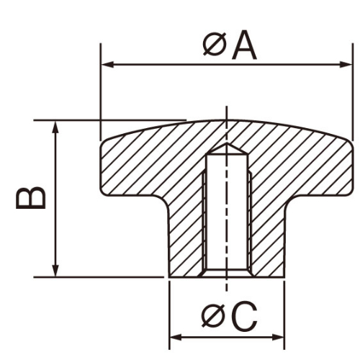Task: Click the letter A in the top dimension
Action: pyautogui.click(x=244, y=45)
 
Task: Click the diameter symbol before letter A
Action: pyautogui.click(x=215, y=45)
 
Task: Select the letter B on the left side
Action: pyautogui.click(x=31, y=197)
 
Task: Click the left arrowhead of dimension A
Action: pyautogui.click(x=107, y=64)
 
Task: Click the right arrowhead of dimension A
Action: pyautogui.click(x=346, y=64)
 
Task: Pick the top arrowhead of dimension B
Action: pyautogui.click(x=55, y=127)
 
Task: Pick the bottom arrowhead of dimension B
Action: pyautogui.click(x=55, y=271)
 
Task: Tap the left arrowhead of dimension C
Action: pyautogui.click(x=176, y=338)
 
